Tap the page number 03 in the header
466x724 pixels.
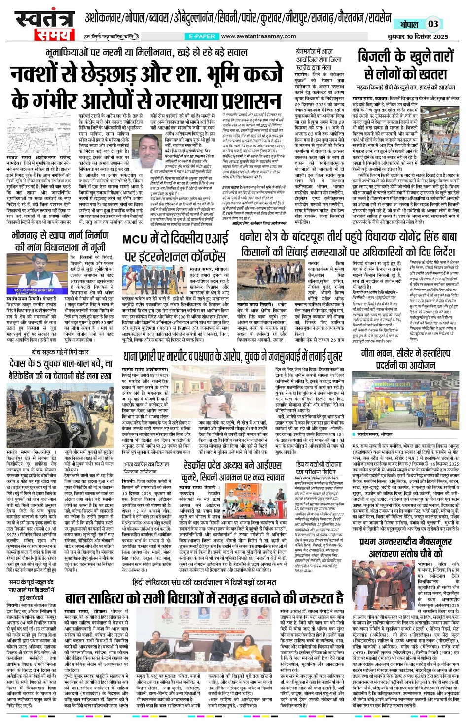[x=432, y=24]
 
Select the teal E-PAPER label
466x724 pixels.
[x=202, y=36]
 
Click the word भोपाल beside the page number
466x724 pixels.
[x=409, y=24]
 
